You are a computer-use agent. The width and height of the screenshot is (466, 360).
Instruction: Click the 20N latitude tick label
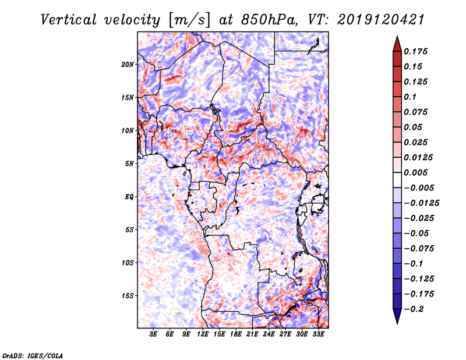[x=128, y=64]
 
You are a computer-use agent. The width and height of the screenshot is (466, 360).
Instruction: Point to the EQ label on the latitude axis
[x=129, y=197]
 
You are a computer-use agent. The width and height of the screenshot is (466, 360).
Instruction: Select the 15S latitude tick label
[x=128, y=296]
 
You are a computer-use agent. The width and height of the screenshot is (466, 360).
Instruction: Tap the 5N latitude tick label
[x=130, y=164]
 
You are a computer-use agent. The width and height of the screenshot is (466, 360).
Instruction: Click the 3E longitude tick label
[x=154, y=335]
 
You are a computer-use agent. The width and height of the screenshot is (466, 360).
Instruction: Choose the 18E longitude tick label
[x=236, y=335]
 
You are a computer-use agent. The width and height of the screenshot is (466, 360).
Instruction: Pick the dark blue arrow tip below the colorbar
[x=396, y=319]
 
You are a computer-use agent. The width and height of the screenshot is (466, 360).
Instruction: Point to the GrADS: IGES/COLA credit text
[x=32, y=355]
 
